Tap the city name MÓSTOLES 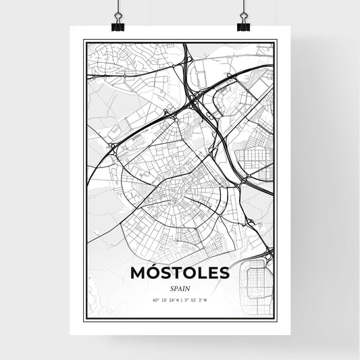[179, 273]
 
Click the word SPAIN [179, 288]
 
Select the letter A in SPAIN [179, 288]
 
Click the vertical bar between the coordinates [180, 300]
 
